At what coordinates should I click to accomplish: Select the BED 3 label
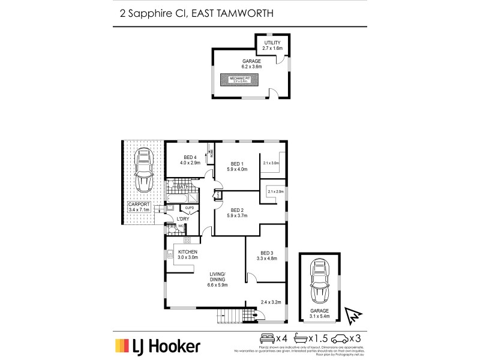(x=267, y=253)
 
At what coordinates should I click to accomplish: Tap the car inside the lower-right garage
(x=320, y=280)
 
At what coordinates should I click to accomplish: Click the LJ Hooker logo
(x=157, y=345)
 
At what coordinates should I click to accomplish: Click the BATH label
(x=183, y=187)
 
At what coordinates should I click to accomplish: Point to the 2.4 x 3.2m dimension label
(x=272, y=302)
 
